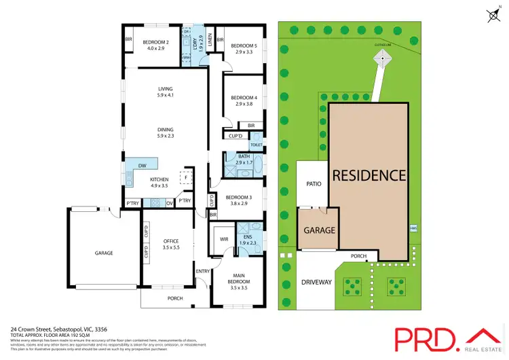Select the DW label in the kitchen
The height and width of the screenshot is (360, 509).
[142, 166]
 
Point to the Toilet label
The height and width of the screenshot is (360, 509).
[257, 145]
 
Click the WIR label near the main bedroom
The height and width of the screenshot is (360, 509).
[223, 239]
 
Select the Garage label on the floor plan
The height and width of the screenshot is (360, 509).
[104, 253]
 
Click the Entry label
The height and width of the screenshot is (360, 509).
[203, 272]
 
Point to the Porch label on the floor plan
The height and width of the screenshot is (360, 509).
[175, 298]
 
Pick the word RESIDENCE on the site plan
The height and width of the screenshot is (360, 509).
[369, 175]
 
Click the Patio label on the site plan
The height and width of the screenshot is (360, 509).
[313, 183]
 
